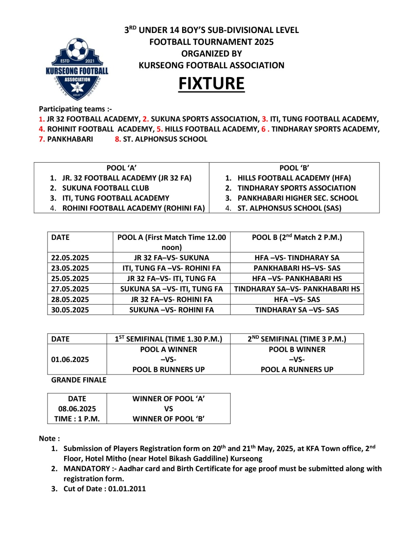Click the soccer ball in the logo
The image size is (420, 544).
(x=77, y=49)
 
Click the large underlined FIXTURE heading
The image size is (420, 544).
(x=211, y=84)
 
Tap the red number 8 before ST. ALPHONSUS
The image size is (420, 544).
(x=118, y=139)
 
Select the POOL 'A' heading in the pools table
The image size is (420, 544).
(x=121, y=168)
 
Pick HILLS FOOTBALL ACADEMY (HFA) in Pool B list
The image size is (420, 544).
(x=294, y=178)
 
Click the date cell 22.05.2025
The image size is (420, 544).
(x=70, y=258)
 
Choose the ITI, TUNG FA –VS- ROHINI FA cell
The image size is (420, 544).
(x=171, y=268)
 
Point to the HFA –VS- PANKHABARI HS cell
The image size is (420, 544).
(x=297, y=278)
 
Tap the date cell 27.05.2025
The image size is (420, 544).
(x=70, y=289)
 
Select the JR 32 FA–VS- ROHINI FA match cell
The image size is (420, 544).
(x=171, y=300)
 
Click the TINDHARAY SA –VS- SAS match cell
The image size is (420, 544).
(x=297, y=310)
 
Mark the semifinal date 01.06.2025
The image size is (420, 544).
(x=70, y=359)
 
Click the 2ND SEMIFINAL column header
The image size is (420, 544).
(x=297, y=339)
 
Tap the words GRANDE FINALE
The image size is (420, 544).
(x=78, y=380)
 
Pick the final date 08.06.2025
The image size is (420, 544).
(x=77, y=409)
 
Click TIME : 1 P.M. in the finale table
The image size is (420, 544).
(x=77, y=419)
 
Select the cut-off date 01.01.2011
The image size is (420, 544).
(x=127, y=489)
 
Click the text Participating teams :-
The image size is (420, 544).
(x=75, y=109)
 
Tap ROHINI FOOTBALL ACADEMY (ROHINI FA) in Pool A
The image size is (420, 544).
(x=133, y=208)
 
